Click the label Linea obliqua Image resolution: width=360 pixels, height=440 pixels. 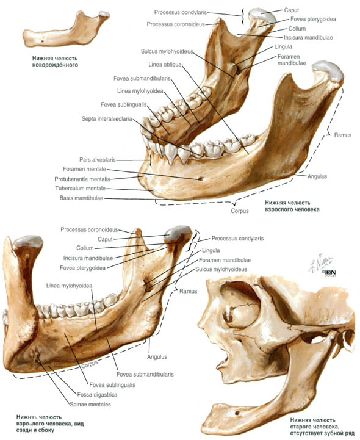pos(165,65)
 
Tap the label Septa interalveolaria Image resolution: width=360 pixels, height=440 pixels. pos(107,119)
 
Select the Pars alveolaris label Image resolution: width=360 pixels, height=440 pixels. pos(98,160)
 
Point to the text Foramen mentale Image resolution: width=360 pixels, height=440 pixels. pos(84,169)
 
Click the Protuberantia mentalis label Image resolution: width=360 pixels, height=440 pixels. pos(82,179)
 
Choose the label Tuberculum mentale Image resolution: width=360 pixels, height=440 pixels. pos(81,189)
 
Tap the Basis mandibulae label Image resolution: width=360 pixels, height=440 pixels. pos(81,198)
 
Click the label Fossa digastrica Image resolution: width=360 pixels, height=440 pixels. pos(97,395)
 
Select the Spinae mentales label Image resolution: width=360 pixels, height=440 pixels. pos(90,405)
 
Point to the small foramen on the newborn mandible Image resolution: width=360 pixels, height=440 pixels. pos(42,41)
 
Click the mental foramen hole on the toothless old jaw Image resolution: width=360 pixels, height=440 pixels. pos(237,413)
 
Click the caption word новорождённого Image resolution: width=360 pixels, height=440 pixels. pos(55,65)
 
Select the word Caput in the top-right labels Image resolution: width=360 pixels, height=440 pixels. pos(292,10)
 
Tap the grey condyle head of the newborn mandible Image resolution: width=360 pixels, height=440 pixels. pos(104,14)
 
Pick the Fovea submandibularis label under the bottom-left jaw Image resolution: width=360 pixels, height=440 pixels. pos(145,374)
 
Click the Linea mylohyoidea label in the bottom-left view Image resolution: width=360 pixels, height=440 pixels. pos(69,286)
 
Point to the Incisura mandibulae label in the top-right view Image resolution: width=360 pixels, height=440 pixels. pos(308,37)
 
